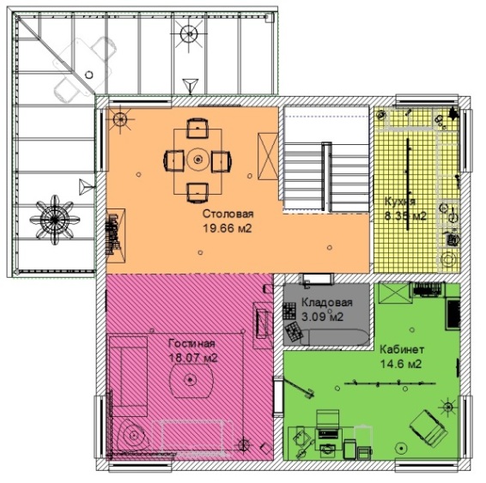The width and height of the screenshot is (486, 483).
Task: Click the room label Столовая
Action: point(228,214)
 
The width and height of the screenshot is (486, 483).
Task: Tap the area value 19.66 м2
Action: point(228,228)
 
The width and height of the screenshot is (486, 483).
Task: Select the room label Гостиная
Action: point(191,343)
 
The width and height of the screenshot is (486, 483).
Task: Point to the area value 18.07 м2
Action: point(193,358)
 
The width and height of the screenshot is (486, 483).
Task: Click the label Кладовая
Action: point(327,302)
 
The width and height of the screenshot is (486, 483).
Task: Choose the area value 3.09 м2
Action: point(322,317)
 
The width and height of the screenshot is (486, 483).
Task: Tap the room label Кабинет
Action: point(402,349)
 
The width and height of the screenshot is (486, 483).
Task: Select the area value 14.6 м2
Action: point(401,364)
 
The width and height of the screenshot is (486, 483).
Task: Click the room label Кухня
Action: point(399,202)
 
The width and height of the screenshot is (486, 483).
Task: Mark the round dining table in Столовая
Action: point(197,160)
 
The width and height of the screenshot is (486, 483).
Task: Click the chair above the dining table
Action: point(197,128)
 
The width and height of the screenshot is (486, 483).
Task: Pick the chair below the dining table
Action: point(197,192)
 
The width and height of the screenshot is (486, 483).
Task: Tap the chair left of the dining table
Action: point(173,160)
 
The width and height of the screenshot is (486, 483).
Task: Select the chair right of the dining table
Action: point(222,161)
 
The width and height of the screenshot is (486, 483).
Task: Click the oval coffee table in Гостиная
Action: point(191,380)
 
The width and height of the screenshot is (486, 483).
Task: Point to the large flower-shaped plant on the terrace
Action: point(55,220)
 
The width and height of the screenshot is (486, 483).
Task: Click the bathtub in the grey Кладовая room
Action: point(335,337)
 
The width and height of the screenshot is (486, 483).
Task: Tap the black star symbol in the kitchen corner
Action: point(453,113)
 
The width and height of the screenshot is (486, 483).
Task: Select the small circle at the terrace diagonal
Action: point(89,75)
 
